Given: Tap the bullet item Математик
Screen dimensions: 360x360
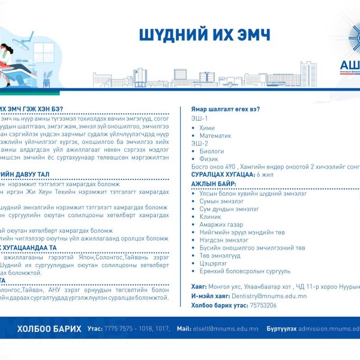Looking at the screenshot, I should click(215, 136).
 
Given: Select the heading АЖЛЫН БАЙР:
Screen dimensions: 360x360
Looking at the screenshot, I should click(214, 183).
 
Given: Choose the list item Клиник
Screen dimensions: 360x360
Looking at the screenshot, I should click(211, 216).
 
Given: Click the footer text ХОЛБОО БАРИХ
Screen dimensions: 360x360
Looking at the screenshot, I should click(49, 329).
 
